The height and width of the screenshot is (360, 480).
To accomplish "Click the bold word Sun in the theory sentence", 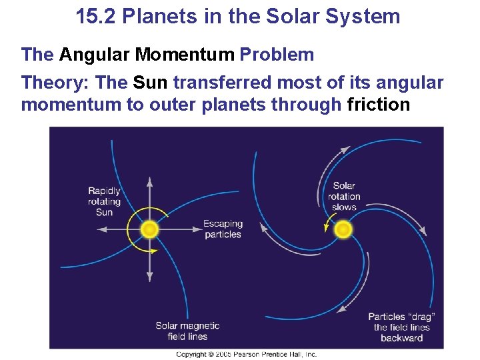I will pos(151,83).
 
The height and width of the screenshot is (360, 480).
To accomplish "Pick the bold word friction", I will pos(379,105).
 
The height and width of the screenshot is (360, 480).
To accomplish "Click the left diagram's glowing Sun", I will pos(149,229).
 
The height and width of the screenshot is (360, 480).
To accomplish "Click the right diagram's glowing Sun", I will pos(343,229).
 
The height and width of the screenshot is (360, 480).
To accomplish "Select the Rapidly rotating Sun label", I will pos(104,201).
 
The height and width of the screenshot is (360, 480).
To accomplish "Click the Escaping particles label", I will pos(223,229).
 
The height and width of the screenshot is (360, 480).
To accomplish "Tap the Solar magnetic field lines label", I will pos(187,331).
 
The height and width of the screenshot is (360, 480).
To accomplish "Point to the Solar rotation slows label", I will pos(344,196).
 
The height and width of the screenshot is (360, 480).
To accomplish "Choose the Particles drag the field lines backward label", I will pos(401,327).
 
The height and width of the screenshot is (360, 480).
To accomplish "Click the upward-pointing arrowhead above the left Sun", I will pos(149,181).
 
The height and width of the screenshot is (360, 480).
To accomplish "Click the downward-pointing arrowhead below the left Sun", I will pos(149,277).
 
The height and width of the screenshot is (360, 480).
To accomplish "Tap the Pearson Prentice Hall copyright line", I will pos(246,354).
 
